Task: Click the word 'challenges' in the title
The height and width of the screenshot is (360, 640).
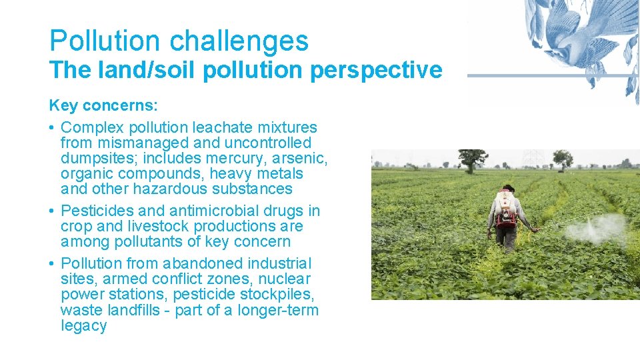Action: pyautogui.click(x=239, y=41)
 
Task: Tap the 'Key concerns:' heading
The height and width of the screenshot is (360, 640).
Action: pyautogui.click(x=102, y=105)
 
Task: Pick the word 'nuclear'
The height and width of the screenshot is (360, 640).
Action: pyautogui.click(x=286, y=279)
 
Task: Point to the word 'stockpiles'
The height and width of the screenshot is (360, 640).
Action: pyautogui.click(x=281, y=295)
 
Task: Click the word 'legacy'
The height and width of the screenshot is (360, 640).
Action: pyautogui.click(x=83, y=326)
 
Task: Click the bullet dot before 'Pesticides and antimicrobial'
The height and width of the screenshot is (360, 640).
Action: pyautogui.click(x=52, y=211)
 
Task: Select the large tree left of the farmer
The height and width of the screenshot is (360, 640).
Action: pyautogui.click(x=473, y=159)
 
